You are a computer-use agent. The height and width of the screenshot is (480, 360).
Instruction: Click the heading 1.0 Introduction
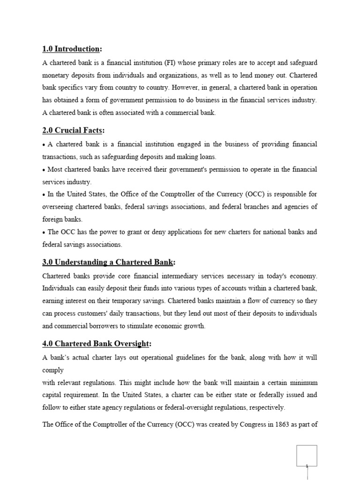click(72, 49)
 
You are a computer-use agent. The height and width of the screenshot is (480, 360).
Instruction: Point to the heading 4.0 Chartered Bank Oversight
click(97, 344)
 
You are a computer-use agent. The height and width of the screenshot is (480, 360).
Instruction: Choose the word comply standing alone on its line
click(53, 369)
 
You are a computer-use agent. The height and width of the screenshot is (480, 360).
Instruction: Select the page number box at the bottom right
click(307, 456)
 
